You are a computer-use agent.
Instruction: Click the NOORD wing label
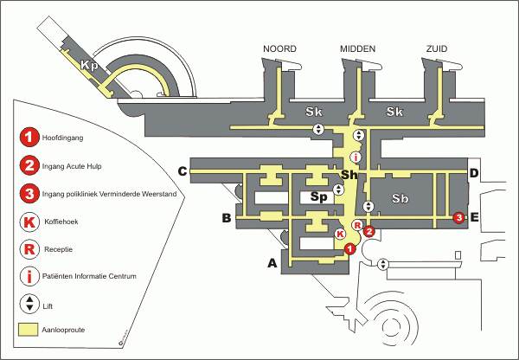pyautogui.click(x=279, y=49)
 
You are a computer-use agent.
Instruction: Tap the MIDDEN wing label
pyautogui.click(x=358, y=49)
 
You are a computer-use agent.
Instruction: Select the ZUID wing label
pyautogui.click(x=437, y=49)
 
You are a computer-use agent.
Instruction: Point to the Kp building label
pyautogui.click(x=90, y=65)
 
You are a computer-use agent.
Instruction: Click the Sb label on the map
pyautogui.click(x=400, y=198)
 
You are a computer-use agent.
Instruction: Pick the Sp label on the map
pyautogui.click(x=318, y=197)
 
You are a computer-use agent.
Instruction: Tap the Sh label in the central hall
pyautogui.click(x=349, y=174)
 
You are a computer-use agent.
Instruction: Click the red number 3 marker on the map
pyautogui.click(x=459, y=217)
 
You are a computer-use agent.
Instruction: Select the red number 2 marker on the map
pyautogui.click(x=369, y=231)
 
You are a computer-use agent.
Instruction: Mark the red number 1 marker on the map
pyautogui.click(x=349, y=248)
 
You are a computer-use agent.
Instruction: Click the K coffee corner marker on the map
pyautogui.click(x=340, y=235)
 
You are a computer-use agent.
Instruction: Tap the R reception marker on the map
pyautogui.click(x=358, y=226)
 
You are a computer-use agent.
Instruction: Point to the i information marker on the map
pyautogui.click(x=356, y=157)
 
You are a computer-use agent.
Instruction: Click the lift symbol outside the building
pyautogui.click(x=383, y=264)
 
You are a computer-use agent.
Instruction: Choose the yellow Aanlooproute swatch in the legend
pyautogui.click(x=29, y=330)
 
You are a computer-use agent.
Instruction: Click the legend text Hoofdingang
pyautogui.click(x=62, y=138)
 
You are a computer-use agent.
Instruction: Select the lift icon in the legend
pyautogui.click(x=29, y=304)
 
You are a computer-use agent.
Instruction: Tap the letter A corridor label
pyautogui.click(x=272, y=263)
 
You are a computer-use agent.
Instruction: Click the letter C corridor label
pyautogui.click(x=183, y=171)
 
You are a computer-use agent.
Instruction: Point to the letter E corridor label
pyautogui.click(x=474, y=217)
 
